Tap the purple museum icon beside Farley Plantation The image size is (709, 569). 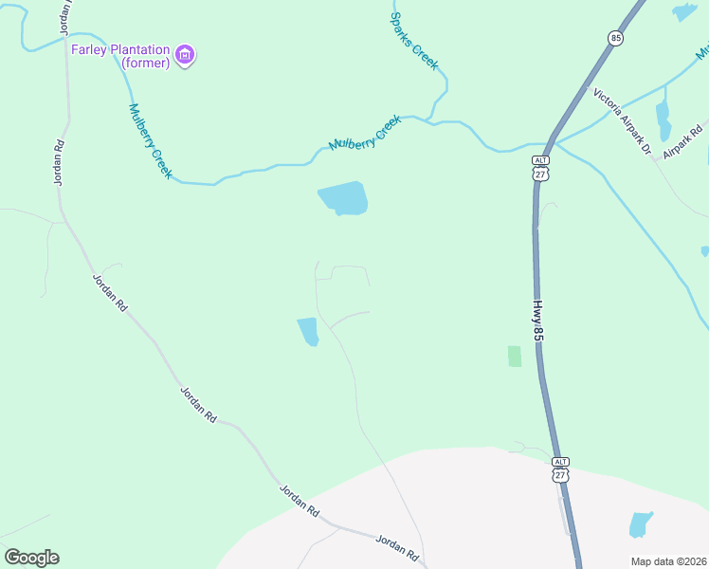pos(186,56)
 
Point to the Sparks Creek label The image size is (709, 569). pos(415,42)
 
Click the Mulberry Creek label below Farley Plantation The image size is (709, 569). pos(150,140)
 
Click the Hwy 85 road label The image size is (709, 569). pos(537,321)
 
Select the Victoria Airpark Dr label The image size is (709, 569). pos(623,120)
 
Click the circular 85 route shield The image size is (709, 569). pos(616,38)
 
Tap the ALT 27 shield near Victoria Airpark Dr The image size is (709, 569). pos(539,168)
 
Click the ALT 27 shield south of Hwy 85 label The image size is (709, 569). pos(560,468)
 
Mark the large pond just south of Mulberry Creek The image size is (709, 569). pos(343,198)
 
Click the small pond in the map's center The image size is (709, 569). pos(308,332)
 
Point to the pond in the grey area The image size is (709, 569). pos(641,524)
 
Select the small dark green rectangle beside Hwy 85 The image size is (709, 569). pos(515,356)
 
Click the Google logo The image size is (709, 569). pos(31,558)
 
